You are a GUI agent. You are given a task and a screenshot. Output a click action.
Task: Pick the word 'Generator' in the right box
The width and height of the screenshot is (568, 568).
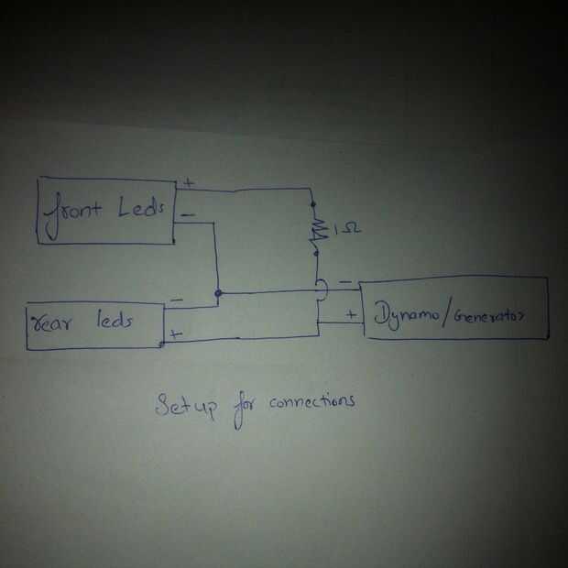pos(489,316)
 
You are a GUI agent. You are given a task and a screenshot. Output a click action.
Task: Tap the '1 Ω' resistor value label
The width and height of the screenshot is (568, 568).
pos(347,229)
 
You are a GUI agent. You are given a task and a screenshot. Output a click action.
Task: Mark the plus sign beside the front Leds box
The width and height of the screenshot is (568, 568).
pos(189,182)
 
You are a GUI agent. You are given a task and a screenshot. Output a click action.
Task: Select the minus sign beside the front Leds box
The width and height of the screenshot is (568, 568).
pos(187,215)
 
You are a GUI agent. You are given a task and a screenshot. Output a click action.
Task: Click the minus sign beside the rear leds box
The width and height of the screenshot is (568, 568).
pos(176,300)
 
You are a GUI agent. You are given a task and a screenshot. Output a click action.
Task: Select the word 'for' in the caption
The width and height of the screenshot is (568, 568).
pos(243,408)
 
